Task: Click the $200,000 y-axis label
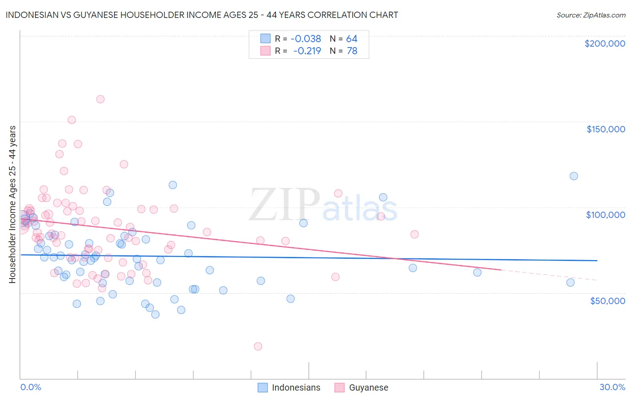[605, 43]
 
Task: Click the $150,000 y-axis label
[605, 129]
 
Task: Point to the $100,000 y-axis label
[605, 215]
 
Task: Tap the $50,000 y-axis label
[607, 300]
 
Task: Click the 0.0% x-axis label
[31, 387]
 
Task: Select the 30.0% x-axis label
[612, 387]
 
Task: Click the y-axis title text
[12, 204]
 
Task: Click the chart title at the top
[202, 15]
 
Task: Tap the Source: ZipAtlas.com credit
[591, 15]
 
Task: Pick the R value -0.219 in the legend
[307, 51]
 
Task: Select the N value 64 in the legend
[351, 39]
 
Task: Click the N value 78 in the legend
[352, 51]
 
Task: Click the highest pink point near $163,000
[101, 99]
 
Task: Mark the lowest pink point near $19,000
[258, 346]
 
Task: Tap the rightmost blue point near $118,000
[574, 176]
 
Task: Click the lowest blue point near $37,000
[155, 314]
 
